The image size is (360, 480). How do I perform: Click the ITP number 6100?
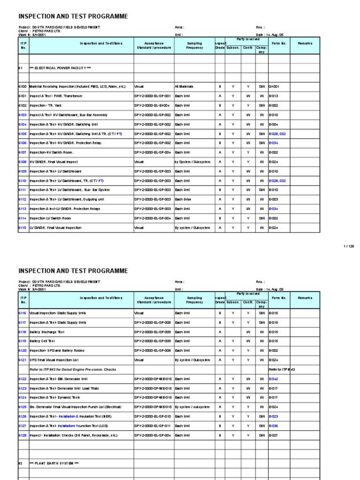[22, 87]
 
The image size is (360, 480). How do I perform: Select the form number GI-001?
[273, 87]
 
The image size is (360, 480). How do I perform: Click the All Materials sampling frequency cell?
[184, 87]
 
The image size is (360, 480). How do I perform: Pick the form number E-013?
[273, 96]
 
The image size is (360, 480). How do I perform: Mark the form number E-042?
[274, 379]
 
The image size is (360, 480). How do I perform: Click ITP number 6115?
[22, 228]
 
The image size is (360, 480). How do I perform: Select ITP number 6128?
[22, 435]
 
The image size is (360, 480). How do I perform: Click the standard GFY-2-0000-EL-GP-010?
[152, 416]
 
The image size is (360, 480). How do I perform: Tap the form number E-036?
[274, 426]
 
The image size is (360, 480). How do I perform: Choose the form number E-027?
[273, 435]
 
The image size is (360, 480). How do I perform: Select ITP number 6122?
[22, 379]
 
